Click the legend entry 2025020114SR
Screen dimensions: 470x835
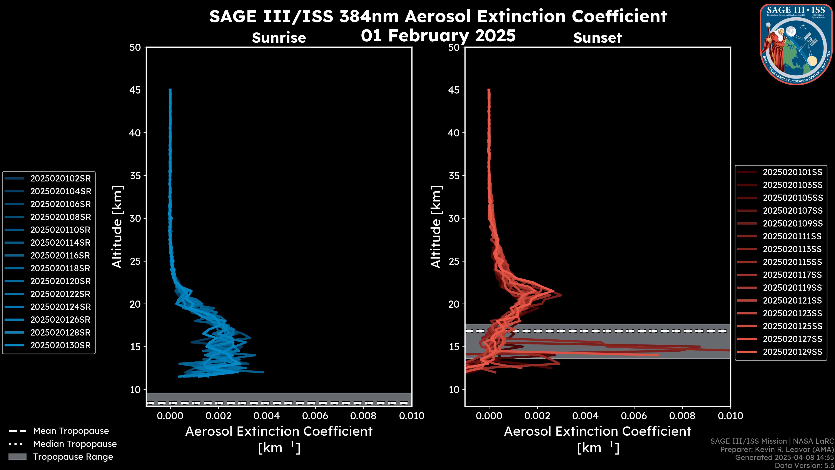(x=60, y=243)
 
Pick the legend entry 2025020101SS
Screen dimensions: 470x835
(x=792, y=172)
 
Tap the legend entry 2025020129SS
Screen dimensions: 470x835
(x=792, y=352)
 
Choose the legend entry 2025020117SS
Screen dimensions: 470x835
(x=792, y=275)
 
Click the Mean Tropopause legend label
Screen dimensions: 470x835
(x=71, y=431)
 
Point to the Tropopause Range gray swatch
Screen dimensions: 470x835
(x=17, y=457)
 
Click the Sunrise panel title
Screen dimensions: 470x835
(x=279, y=38)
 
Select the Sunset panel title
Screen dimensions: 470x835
(x=597, y=38)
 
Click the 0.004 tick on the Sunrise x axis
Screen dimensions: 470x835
(x=266, y=416)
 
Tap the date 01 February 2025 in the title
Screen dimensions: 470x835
(x=438, y=35)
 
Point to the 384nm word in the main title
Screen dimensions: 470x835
(x=369, y=16)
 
